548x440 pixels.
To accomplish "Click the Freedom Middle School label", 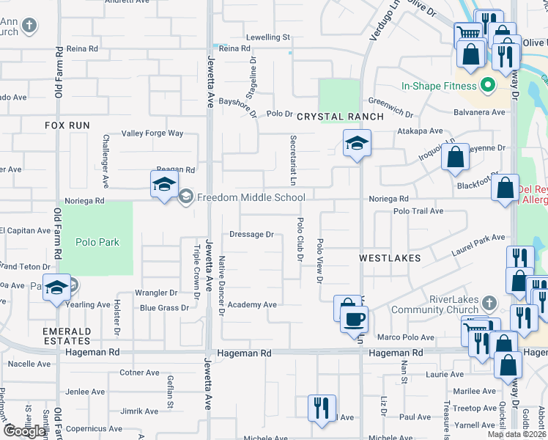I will click(251, 197).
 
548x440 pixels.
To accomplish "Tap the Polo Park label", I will click(97, 242).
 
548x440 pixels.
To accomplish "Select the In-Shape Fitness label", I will click(438, 86).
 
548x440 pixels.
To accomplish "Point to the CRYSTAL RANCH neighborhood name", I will click(340, 117).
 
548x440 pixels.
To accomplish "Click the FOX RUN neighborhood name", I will click(67, 125).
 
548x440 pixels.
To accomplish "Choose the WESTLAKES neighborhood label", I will click(390, 258).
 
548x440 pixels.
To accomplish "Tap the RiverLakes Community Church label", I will click(449, 304).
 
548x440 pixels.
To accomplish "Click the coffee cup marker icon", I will click(355, 319).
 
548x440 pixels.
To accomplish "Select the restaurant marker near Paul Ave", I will click(322, 408).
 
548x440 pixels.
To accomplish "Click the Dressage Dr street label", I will click(251, 235).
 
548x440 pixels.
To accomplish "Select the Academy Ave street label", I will click(252, 304).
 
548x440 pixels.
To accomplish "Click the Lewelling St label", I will click(268, 37).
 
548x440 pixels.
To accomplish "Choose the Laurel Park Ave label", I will click(478, 238).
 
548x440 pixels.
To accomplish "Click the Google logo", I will click(25, 430).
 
